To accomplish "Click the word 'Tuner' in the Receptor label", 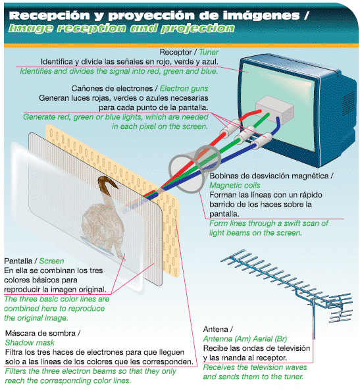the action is (209, 52).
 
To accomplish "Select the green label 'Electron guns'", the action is (184, 88).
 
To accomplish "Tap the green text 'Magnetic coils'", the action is (234, 185).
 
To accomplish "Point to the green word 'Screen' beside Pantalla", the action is (51, 261).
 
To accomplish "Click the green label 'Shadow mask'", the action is (30, 343).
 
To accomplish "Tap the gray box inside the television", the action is (274, 107).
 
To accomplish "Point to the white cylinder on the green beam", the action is (245, 135).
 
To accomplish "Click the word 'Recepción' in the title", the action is (49, 16).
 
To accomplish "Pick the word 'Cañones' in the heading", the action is (86, 88).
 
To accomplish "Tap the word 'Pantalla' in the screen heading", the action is (18, 261).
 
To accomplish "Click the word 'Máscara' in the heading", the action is (19, 333).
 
